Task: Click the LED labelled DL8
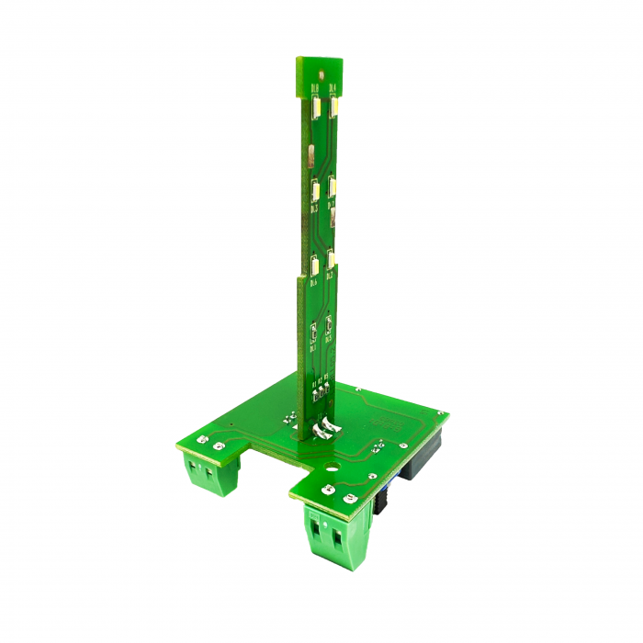[316, 108]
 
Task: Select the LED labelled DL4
[333, 108]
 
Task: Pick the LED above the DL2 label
[332, 259]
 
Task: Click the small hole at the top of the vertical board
[323, 72]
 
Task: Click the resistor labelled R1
[315, 396]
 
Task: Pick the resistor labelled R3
[327, 394]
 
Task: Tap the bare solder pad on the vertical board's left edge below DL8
[310, 152]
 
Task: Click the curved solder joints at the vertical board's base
[323, 428]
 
